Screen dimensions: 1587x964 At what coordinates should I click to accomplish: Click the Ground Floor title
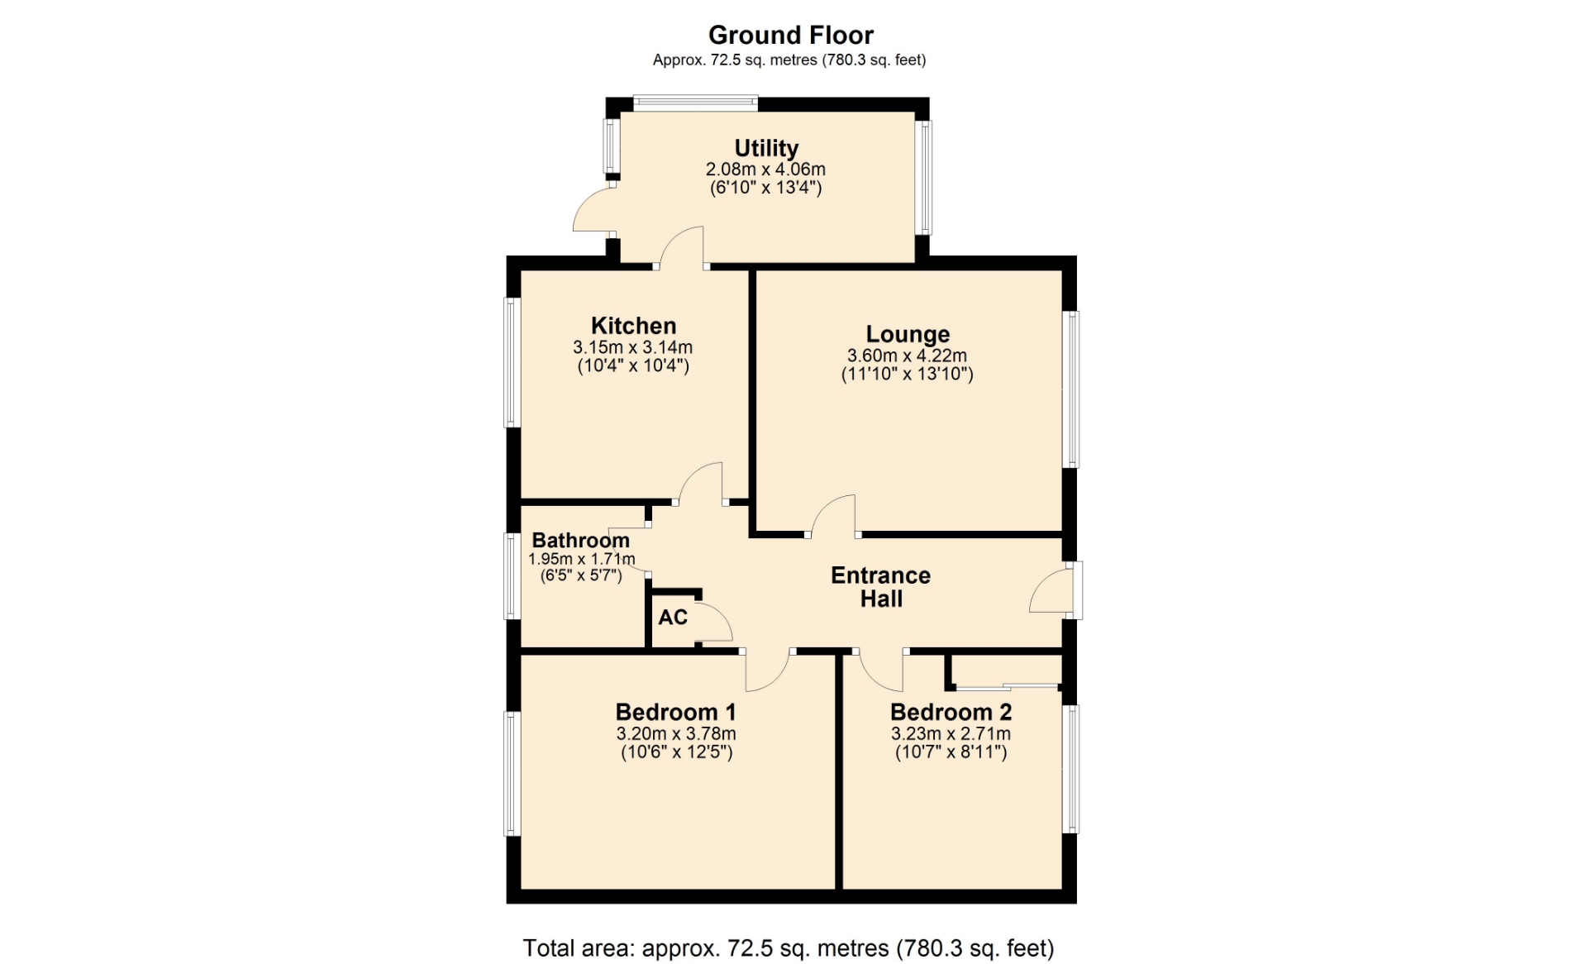[x=790, y=35]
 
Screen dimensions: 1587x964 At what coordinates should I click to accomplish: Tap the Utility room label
[x=766, y=148]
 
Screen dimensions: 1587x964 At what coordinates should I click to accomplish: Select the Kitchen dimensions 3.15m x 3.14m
[x=633, y=347]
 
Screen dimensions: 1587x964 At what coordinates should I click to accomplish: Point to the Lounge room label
[x=908, y=334]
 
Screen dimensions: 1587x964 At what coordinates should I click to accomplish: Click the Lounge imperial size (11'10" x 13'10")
[x=908, y=374]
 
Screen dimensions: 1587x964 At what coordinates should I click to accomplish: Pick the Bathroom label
[x=580, y=540]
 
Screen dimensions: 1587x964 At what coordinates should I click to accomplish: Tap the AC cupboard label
[x=673, y=617]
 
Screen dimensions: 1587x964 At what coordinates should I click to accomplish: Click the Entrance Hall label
[x=881, y=587]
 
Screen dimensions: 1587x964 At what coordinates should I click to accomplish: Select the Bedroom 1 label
[x=675, y=712]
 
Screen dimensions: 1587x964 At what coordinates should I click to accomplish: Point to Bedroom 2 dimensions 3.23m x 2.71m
[x=951, y=734]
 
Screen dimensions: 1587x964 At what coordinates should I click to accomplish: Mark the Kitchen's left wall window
[x=512, y=362]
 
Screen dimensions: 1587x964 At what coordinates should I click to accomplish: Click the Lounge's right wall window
[x=1071, y=389]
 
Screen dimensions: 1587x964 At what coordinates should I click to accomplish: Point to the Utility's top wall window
[x=695, y=103]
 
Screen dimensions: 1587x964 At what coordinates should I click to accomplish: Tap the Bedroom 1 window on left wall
[x=512, y=774]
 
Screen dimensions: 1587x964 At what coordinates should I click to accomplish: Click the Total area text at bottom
[x=789, y=947]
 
